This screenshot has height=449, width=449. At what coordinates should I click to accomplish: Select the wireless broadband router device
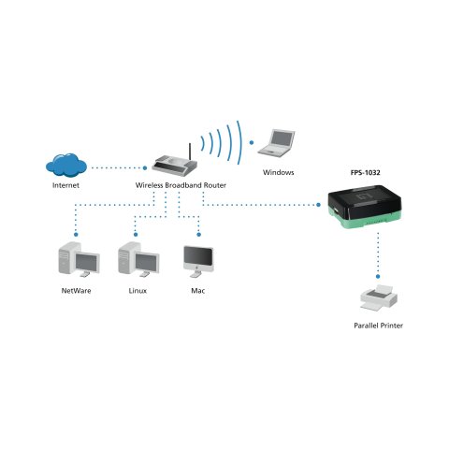[x=177, y=166]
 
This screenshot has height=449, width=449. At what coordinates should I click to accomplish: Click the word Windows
[x=278, y=173]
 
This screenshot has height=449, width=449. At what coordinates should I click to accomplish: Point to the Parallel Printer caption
[x=379, y=326]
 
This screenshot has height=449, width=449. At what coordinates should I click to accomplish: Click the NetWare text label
[x=75, y=292]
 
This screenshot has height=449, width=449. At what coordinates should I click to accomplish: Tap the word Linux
[x=138, y=292]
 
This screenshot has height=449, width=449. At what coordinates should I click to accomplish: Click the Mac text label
[x=197, y=292]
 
